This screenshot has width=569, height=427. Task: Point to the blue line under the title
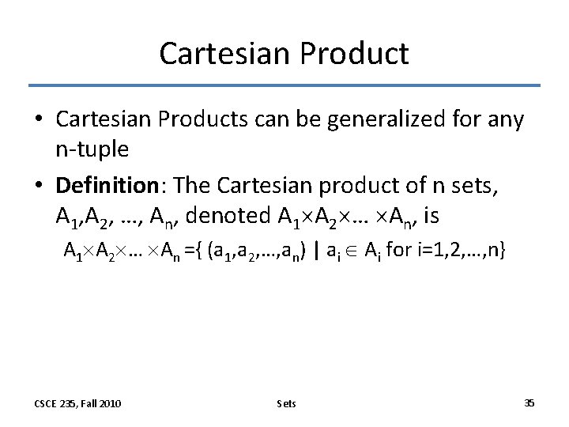coord(284,85)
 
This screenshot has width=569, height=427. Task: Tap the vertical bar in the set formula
coord(316,251)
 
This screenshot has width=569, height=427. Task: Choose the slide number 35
coord(529,403)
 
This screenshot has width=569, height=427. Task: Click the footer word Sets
coord(286,403)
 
